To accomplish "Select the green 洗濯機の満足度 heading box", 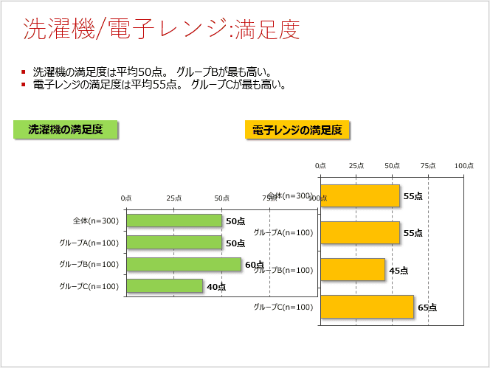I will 65,129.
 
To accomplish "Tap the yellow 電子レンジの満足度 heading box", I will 297,130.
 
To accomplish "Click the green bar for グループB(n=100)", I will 184,264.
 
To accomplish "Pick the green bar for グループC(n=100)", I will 165,286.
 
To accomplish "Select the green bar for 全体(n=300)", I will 174,221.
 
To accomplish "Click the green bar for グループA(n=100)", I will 174,243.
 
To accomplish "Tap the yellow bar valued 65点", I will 367,307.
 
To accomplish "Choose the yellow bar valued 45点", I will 353,270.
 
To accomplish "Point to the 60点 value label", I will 255,265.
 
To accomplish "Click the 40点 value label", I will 216,287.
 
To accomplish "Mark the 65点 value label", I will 427,308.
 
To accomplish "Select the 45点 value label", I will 398,271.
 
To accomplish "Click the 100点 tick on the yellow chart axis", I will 463,166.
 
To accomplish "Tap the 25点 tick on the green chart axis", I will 174,198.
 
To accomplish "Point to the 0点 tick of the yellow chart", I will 320,166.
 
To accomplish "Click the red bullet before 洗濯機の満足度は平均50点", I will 24,72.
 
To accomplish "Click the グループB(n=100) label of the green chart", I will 89,264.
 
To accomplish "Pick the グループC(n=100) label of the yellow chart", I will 283,307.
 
